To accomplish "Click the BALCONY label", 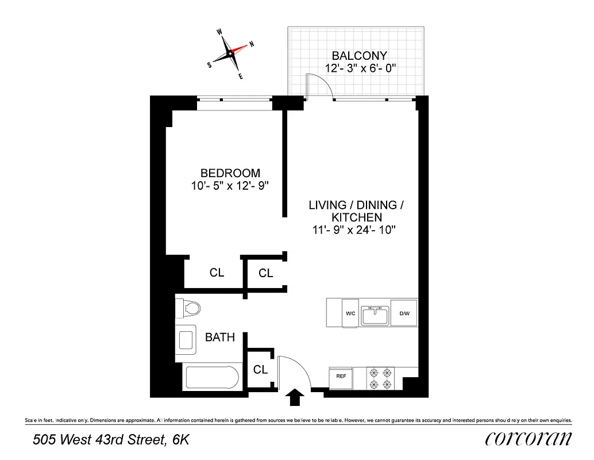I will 360,56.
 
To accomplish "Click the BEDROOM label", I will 230,172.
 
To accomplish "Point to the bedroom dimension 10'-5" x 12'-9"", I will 230,186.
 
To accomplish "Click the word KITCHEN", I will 356,217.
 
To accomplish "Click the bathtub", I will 211,378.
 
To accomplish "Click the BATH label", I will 220,338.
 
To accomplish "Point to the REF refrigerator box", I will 341,377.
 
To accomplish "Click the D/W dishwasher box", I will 403,314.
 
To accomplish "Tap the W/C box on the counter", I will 350,314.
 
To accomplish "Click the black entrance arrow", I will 295,396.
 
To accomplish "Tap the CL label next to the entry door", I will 260,370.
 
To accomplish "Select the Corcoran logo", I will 528,439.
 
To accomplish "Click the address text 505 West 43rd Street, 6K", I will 111,440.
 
